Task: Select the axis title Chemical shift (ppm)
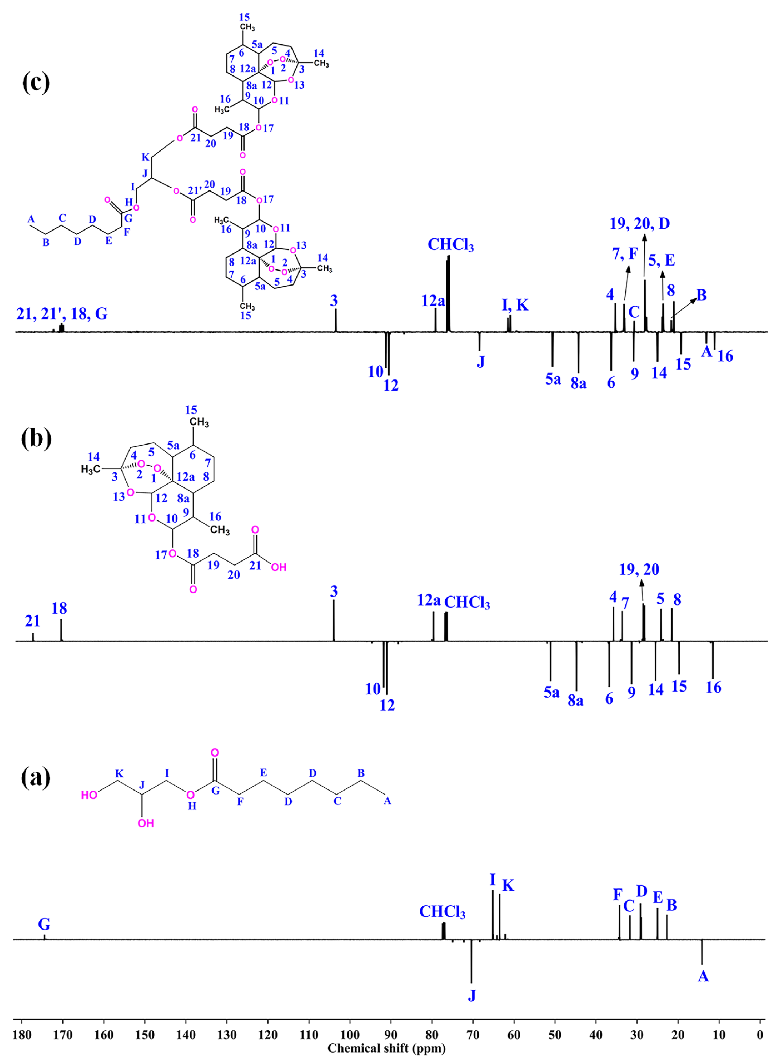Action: (387, 1048)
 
